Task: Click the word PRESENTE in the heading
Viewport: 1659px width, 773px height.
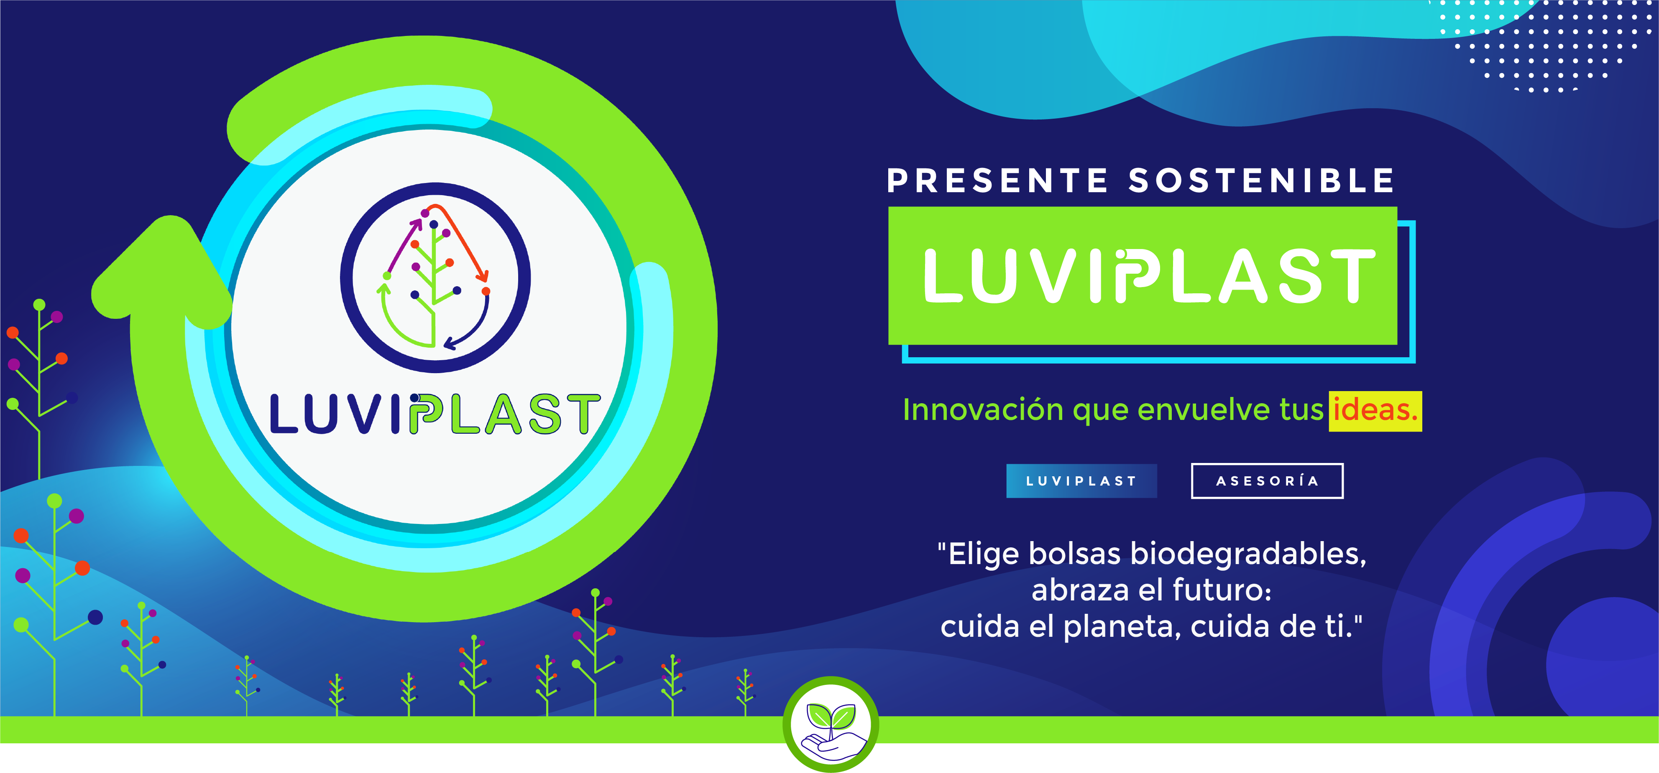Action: click(997, 181)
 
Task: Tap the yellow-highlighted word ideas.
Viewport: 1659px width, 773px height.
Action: click(1375, 410)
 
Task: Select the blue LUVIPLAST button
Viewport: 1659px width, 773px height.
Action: click(1081, 481)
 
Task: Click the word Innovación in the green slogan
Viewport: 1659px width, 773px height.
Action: click(983, 410)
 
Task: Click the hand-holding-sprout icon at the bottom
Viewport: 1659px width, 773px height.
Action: click(831, 724)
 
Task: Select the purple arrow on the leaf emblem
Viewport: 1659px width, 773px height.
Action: click(404, 244)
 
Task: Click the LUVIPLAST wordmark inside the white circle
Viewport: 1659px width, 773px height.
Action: click(435, 414)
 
